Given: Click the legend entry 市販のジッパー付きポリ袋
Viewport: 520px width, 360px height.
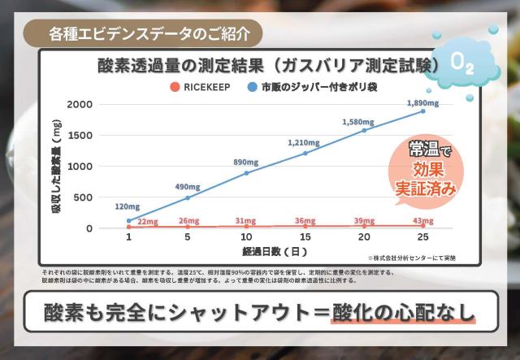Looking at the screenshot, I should tap(316, 85).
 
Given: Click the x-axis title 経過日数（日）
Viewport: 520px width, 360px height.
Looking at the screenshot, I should tap(275, 251).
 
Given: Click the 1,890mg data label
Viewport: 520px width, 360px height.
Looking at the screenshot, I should tap(422, 103).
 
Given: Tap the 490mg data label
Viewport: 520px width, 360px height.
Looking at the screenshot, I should tap(188, 186).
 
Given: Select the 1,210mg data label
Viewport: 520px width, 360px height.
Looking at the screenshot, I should tap(305, 143).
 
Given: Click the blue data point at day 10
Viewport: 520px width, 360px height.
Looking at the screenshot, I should tap(246, 173).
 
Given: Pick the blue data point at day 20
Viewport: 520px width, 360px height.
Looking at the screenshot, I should tap(364, 130).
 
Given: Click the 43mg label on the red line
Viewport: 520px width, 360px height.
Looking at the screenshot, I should tap(422, 220).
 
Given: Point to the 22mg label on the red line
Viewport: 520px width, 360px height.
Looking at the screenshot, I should tap(148, 221).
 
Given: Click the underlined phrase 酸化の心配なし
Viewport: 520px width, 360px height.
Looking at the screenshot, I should tap(402, 314).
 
